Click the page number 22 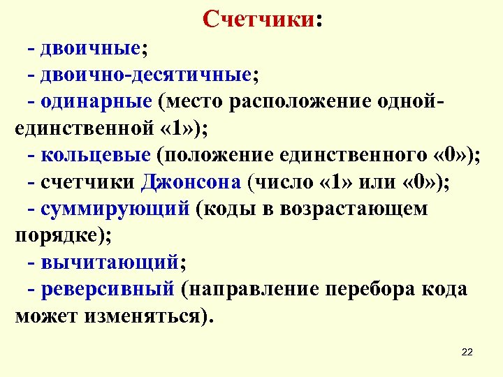[467, 352]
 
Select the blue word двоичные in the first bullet [91, 50]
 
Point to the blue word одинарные [96, 102]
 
